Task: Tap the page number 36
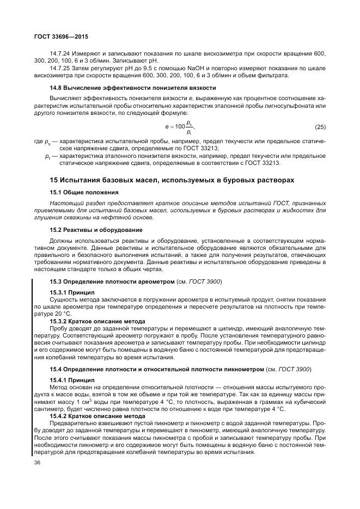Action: pos(38,463)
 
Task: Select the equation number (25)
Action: pos(320,127)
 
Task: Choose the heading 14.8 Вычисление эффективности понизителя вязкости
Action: pos(132,87)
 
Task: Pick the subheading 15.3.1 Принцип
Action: pos(72,292)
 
